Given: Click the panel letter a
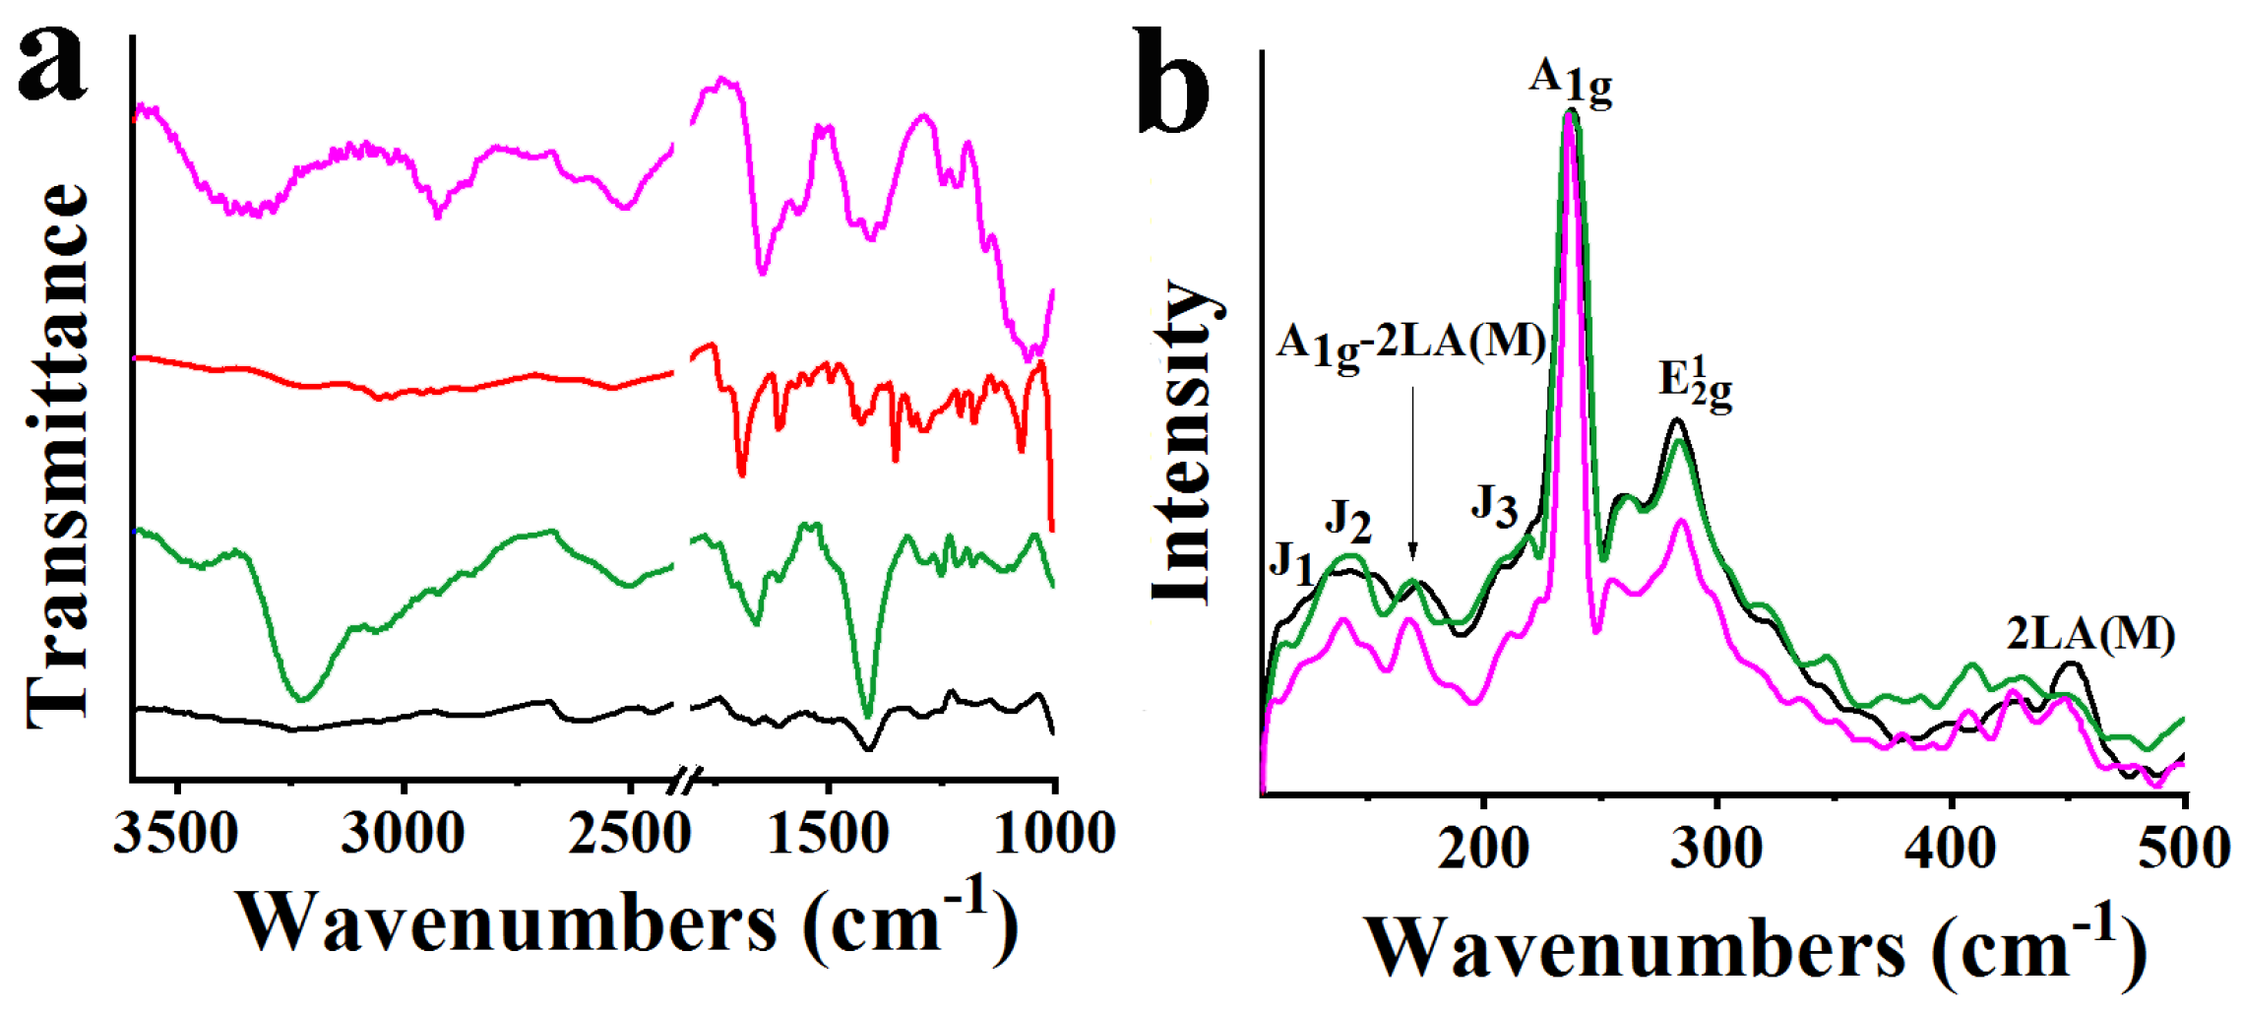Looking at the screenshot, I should [x=54, y=64].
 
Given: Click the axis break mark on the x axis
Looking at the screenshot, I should [x=683, y=783].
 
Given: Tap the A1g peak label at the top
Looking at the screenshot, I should [x=1571, y=82].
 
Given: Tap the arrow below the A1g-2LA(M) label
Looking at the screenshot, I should [x=1413, y=473].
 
